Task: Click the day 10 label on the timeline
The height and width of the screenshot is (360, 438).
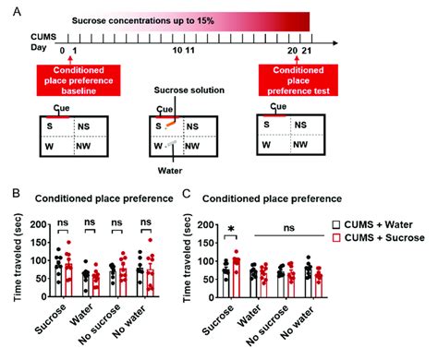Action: [178, 54]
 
